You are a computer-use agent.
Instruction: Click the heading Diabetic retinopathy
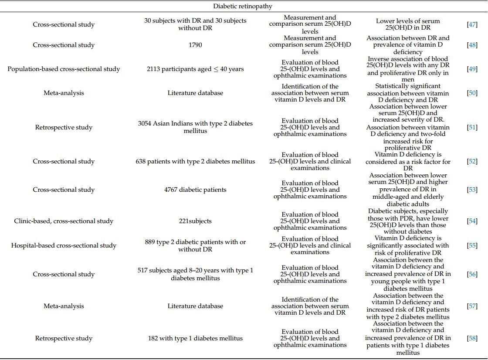tap(243, 6)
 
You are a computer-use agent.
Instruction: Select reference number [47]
tap(472, 24)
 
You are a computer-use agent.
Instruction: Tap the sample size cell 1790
tap(195, 45)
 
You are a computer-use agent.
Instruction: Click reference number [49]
tap(472, 69)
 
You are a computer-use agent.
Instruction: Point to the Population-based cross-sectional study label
tap(64, 69)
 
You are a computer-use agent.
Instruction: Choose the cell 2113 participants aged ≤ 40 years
tap(195, 69)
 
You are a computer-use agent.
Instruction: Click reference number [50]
tap(472, 93)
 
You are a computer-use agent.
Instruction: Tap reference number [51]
tap(472, 127)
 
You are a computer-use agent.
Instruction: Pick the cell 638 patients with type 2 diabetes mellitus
tap(195, 161)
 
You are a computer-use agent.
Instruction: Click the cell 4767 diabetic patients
tap(195, 190)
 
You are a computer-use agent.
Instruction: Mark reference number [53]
tap(472, 190)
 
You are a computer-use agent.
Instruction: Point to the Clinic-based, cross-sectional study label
tap(64, 221)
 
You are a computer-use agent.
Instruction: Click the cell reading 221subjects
tap(195, 221)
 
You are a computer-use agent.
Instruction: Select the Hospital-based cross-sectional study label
tap(64, 245)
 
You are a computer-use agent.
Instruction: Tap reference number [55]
tap(472, 245)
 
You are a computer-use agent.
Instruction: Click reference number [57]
tap(472, 306)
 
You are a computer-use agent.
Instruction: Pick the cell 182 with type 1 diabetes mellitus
tap(195, 338)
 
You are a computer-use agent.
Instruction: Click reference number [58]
tap(472, 338)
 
